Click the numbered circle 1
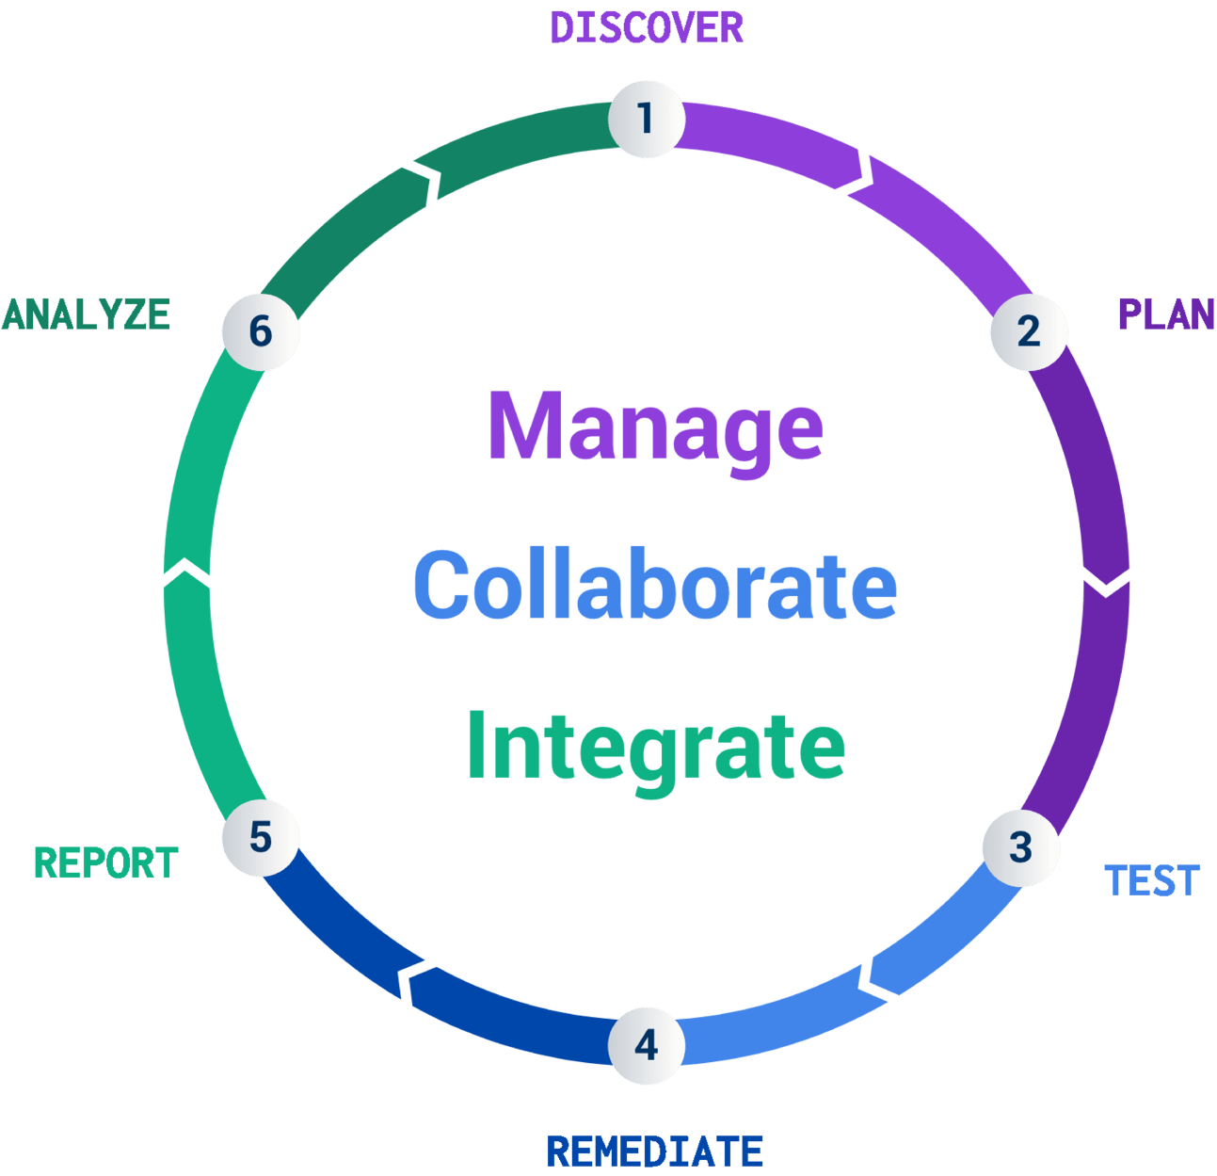coord(646,119)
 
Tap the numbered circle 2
coord(1028,331)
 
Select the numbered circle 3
coord(1020,846)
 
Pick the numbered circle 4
coord(646,1045)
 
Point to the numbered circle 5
coord(261,837)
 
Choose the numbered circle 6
coord(261,331)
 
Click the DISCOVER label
coord(647,27)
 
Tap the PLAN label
coord(1165,314)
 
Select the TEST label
coord(1151,881)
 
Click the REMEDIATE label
coord(654,1152)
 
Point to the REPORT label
coord(106,863)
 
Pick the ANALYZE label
coord(87,314)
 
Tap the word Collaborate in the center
coord(655,586)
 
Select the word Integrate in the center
coord(656,747)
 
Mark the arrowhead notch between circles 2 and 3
coord(1106,583)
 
